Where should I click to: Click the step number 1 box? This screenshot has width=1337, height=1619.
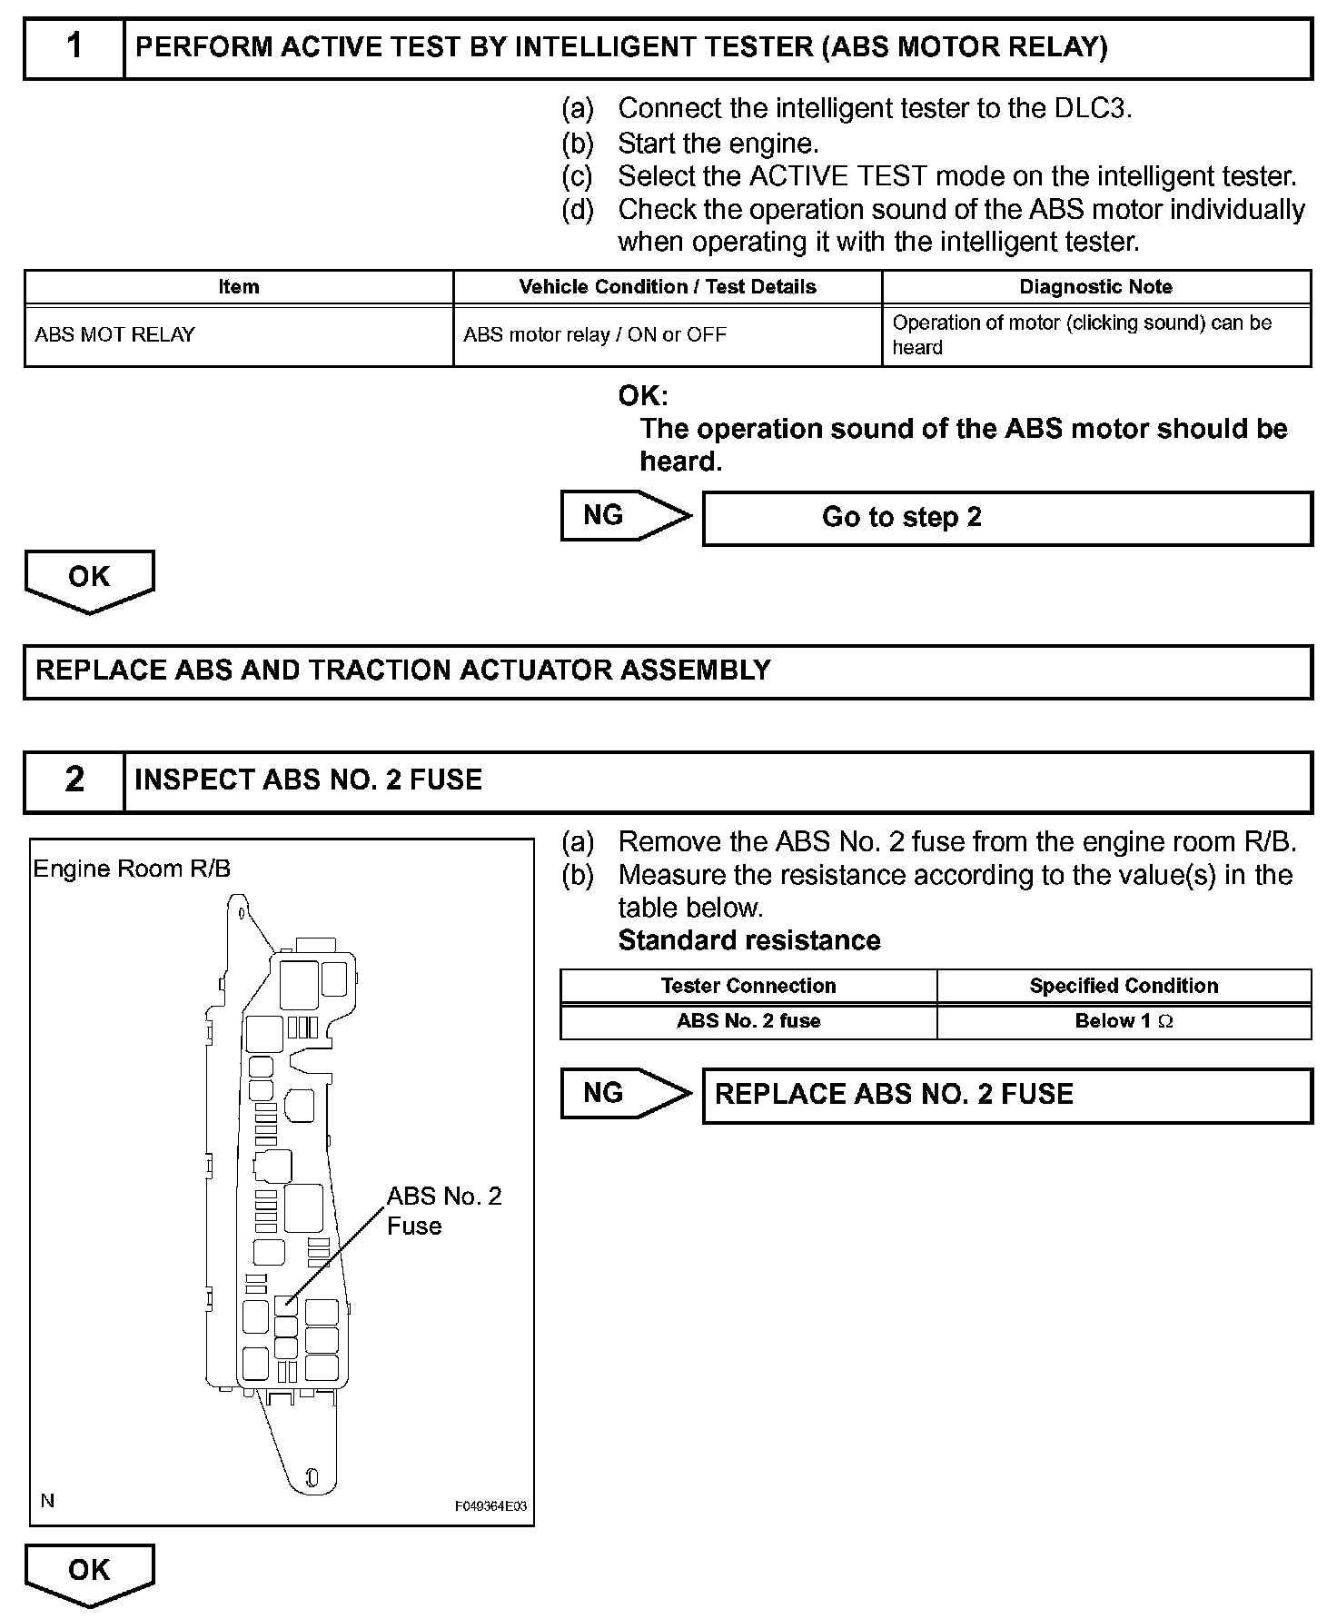74,48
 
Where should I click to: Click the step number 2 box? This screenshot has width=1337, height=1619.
74,781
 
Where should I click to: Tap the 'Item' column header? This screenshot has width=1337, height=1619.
239,287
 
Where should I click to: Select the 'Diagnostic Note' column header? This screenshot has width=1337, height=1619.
1095,287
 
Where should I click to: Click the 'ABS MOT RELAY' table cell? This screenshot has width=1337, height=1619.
115,335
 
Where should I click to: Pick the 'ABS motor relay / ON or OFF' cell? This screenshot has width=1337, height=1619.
595,335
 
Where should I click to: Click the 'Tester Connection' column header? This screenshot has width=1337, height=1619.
748,986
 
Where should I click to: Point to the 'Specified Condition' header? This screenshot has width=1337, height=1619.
1124,986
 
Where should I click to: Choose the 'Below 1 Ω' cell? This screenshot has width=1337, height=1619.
1124,1021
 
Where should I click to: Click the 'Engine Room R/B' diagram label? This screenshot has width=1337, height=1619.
132,869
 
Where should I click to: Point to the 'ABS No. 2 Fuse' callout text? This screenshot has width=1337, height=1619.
443,1210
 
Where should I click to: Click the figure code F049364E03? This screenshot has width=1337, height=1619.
490,1506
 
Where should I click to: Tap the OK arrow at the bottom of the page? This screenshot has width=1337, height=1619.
89,1573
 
